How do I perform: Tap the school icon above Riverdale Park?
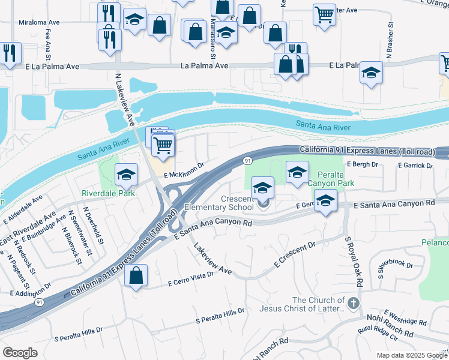[126, 175]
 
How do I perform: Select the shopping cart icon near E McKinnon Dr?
[163, 145]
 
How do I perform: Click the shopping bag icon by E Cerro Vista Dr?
[137, 276]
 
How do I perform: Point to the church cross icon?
[354, 302]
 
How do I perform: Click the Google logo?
[20, 353]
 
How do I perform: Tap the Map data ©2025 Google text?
[411, 355]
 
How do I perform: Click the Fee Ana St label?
[63, 43]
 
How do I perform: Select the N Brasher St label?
[390, 41]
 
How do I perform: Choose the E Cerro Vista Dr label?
[191, 278]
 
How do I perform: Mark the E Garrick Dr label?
[414, 165]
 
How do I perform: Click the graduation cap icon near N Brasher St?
[371, 73]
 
